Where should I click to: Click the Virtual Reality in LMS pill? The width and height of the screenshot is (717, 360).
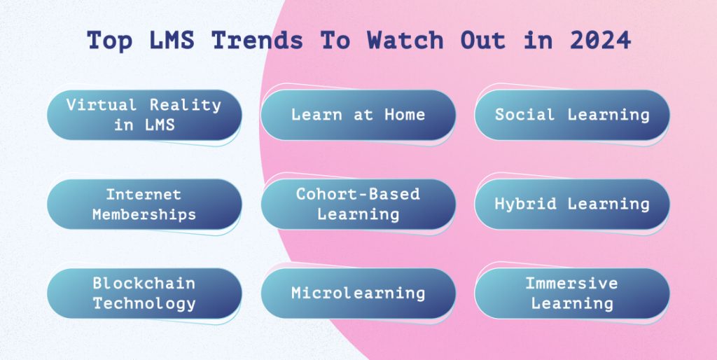(x=144, y=115)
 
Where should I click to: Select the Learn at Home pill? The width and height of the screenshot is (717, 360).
(x=358, y=115)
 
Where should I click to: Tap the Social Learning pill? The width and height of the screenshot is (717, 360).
(x=572, y=115)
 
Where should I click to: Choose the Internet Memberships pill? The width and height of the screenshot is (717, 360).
(x=144, y=204)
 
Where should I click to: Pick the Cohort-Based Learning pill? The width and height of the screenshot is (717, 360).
(x=358, y=204)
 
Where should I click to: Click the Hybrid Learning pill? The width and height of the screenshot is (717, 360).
(x=572, y=204)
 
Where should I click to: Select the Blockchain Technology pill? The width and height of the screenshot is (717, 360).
(x=144, y=293)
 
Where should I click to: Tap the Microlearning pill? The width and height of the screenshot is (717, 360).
(x=358, y=293)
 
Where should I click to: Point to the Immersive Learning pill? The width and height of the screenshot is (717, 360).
(x=572, y=293)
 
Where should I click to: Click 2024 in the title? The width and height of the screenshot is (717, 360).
(x=600, y=41)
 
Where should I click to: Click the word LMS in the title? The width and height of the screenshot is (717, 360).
(x=170, y=41)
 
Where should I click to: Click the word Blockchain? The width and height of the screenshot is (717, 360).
(x=144, y=284)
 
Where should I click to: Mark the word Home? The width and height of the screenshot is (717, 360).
(x=405, y=115)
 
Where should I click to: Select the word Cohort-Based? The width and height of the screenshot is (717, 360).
(x=358, y=194)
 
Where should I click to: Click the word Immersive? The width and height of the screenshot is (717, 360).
(x=572, y=284)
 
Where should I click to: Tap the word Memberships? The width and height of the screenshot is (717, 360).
(x=144, y=214)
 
